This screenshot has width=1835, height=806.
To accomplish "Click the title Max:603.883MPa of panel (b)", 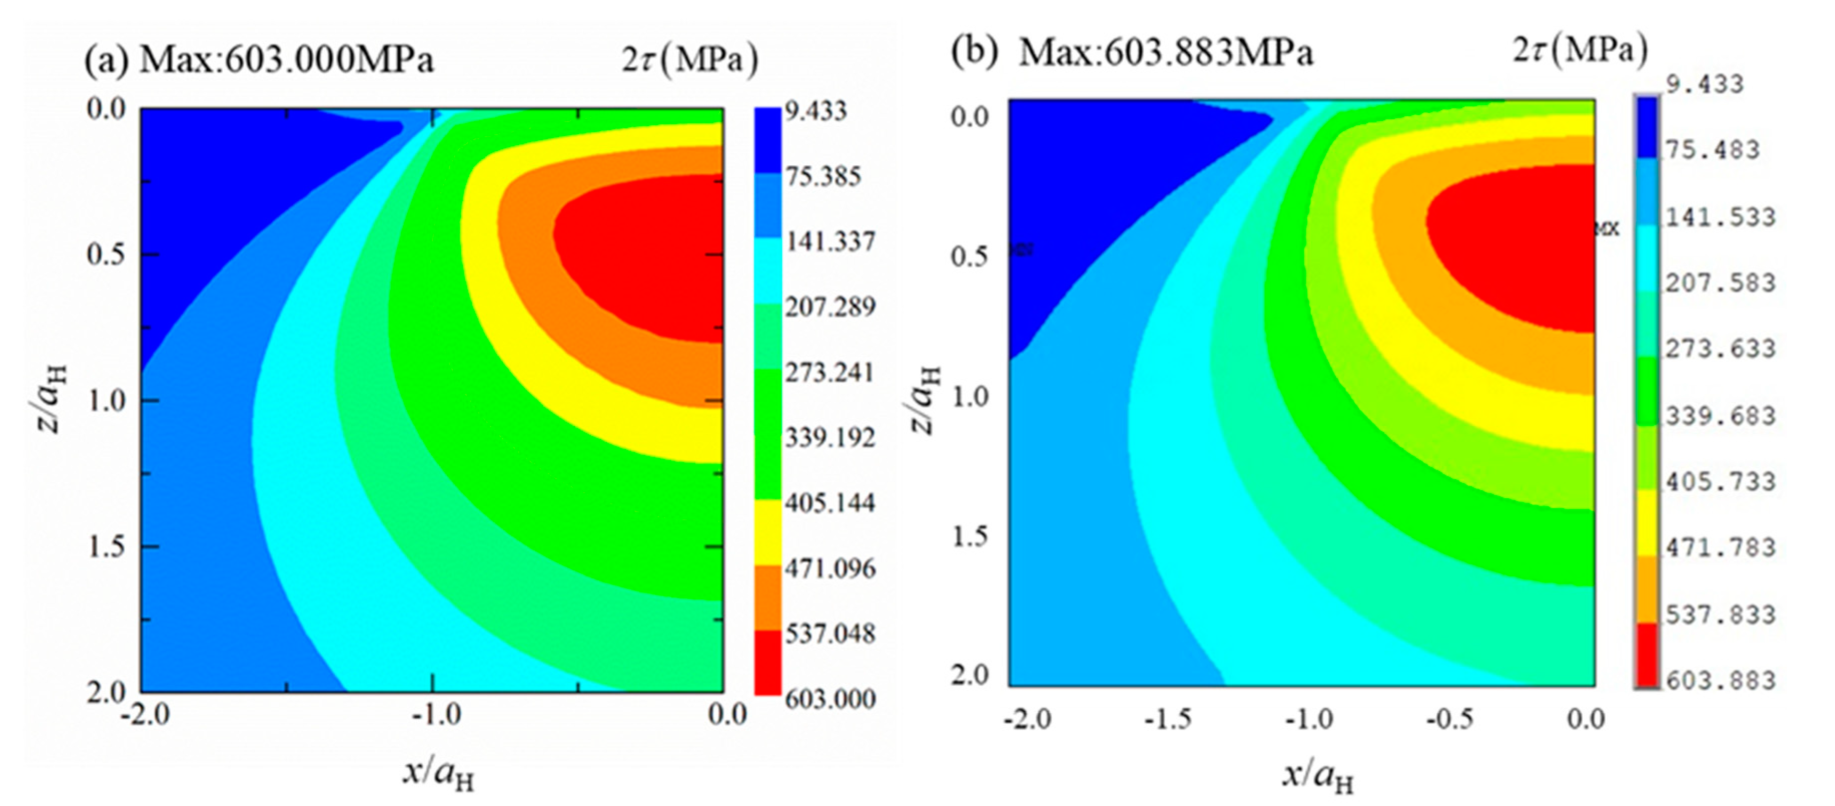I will [1165, 53].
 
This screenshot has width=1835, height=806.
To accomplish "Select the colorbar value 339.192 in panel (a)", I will [830, 438].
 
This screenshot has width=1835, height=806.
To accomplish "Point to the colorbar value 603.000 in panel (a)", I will [830, 699].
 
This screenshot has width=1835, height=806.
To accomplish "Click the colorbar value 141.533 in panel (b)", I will [1719, 217].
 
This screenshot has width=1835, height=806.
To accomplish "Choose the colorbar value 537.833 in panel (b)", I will [1719, 615].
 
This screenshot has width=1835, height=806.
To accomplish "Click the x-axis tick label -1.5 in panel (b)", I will [1168, 720].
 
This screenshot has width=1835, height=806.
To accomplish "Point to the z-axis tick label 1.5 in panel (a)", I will [106, 547].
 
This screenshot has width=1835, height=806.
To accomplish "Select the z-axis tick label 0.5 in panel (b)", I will [970, 256].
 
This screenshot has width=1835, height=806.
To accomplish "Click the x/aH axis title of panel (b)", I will [1318, 776].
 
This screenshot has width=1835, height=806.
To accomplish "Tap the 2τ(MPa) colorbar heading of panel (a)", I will [690, 60].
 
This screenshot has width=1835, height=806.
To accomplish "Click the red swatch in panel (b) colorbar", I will [1646, 654].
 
